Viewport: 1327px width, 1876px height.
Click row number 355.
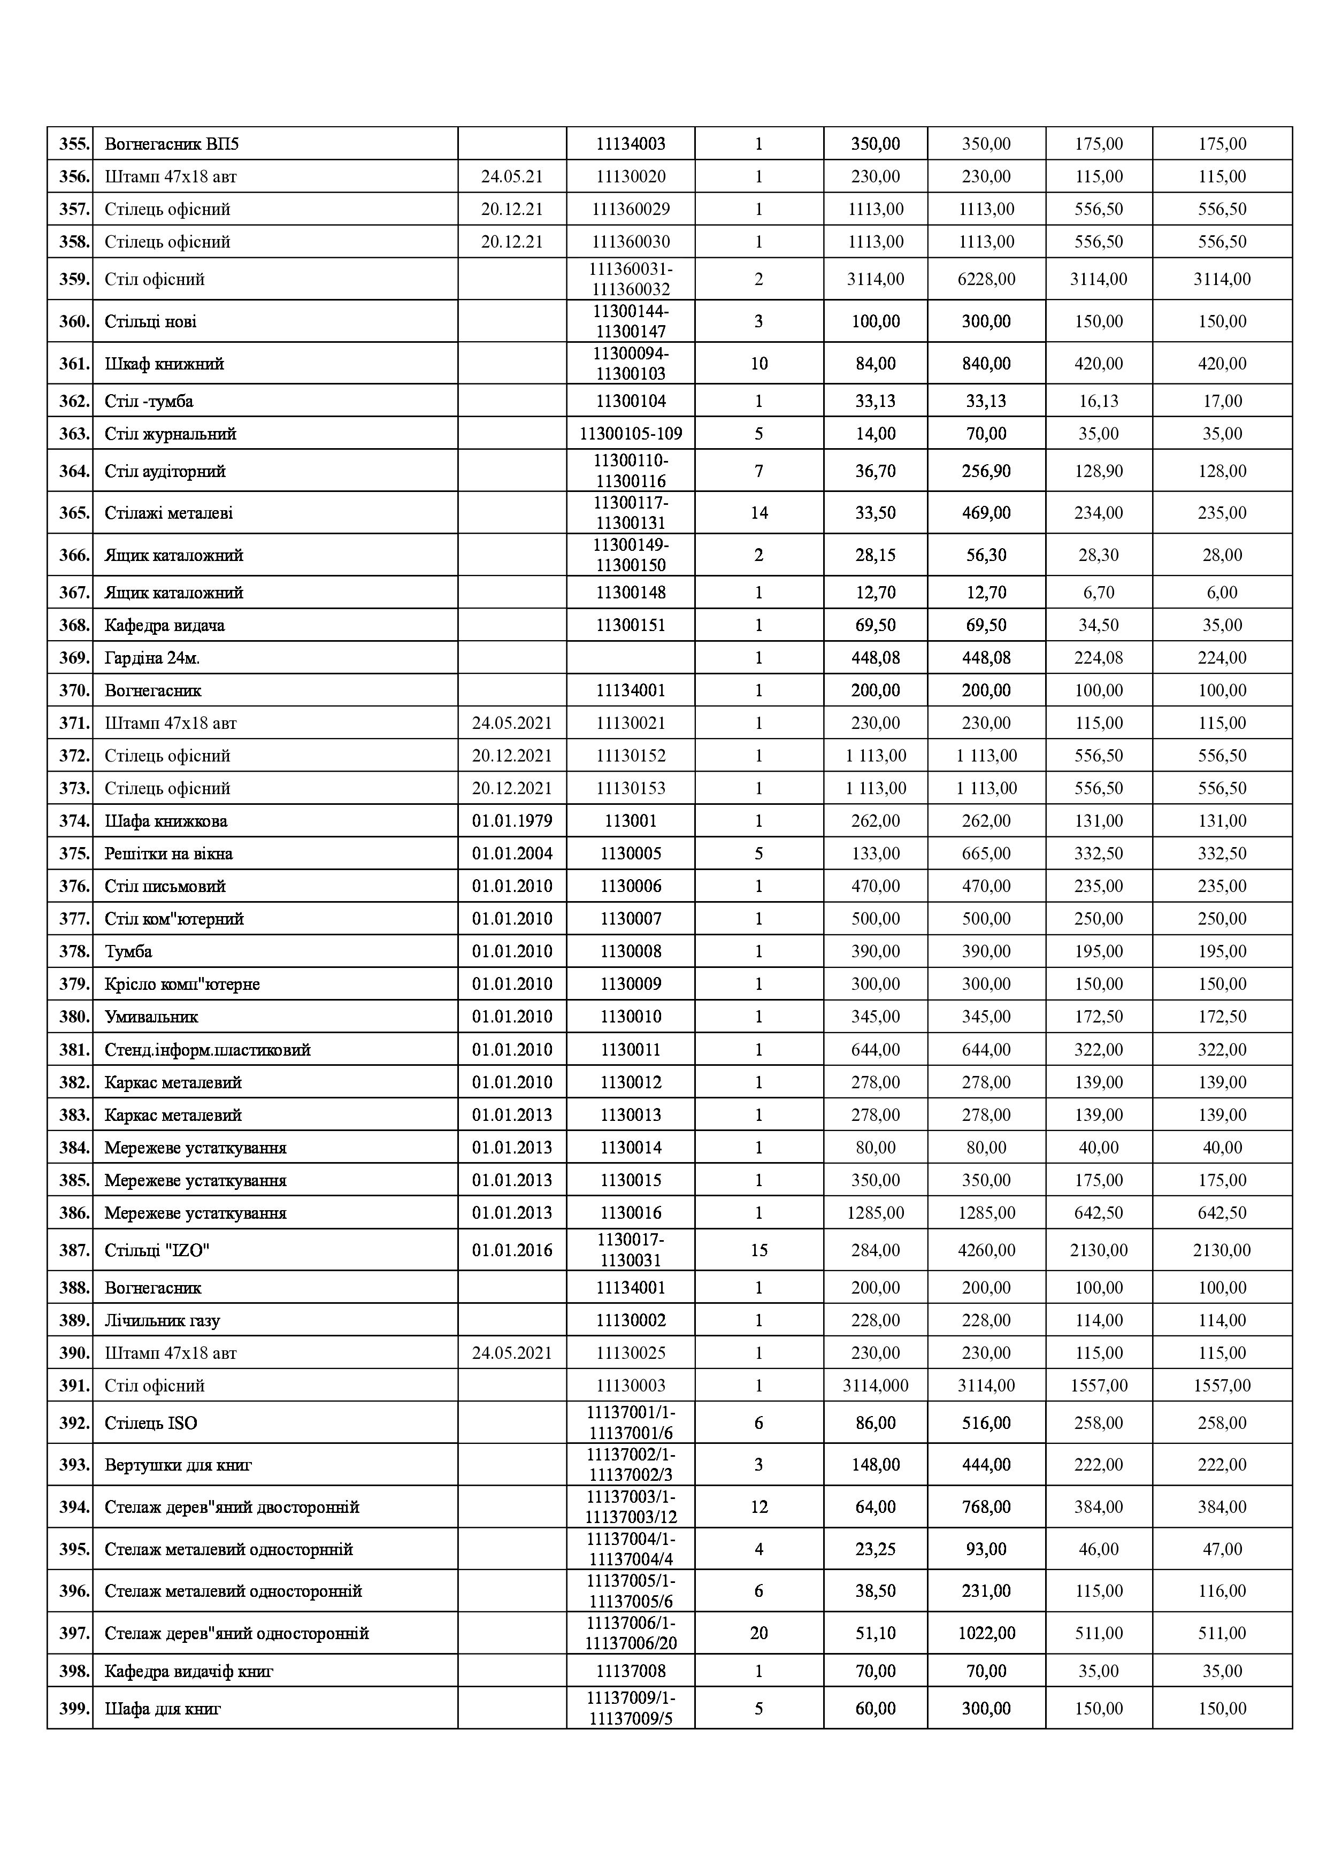tap(73, 144)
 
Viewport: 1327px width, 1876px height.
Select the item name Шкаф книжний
tap(164, 364)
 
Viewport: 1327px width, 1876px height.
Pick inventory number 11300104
tap(630, 401)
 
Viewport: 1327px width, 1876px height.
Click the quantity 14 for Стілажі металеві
tap(758, 513)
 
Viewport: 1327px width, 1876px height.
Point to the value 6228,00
tap(986, 280)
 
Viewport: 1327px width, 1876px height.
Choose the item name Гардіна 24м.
tap(152, 658)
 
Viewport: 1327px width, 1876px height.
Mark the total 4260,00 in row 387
tap(986, 1250)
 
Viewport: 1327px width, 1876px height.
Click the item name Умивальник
tap(151, 1017)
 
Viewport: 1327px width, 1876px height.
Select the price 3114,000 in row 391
tap(875, 1386)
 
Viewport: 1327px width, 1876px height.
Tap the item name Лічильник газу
tap(162, 1320)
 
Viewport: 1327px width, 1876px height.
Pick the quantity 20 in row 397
tap(758, 1633)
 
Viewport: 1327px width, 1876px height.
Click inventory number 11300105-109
tap(630, 434)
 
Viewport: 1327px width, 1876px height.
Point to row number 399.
tap(73, 1709)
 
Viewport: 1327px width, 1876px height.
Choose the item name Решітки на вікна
tap(168, 854)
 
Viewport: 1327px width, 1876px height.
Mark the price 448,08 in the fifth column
tap(875, 658)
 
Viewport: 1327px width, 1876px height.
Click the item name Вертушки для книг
tap(178, 1465)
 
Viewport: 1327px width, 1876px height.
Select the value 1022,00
tap(986, 1633)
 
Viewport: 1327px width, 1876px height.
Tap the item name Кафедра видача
tap(164, 625)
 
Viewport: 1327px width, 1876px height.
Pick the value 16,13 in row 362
tap(1098, 401)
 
